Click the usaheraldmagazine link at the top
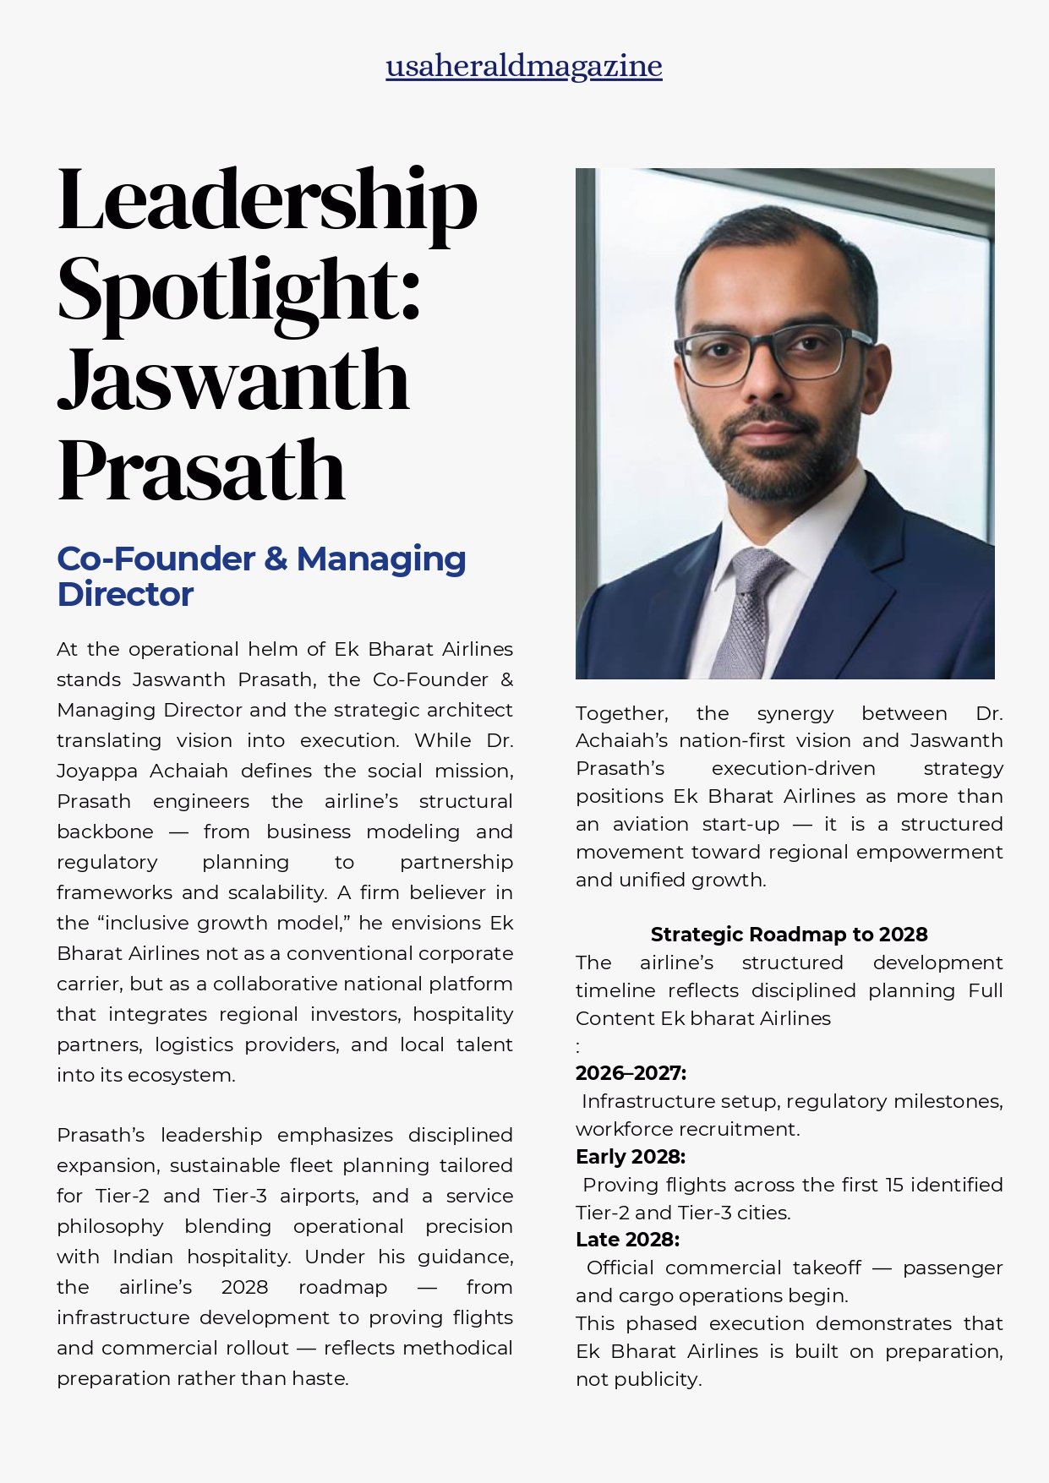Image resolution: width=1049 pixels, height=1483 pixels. tap(524, 66)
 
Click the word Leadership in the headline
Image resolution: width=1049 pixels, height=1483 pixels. tap(267, 201)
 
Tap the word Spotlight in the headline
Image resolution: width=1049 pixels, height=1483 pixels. tap(238, 290)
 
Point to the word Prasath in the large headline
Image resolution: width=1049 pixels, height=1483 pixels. tap(201, 470)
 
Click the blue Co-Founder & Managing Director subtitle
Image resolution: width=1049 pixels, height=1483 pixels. tap(261, 576)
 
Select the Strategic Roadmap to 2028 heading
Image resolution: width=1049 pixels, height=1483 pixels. tap(789, 935)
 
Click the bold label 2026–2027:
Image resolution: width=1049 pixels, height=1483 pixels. tap(631, 1073)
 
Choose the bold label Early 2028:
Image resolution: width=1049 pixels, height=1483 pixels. tap(631, 1157)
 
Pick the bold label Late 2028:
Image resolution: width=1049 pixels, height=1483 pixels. tap(627, 1240)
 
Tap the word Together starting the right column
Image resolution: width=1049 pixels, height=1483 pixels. tap(621, 713)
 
